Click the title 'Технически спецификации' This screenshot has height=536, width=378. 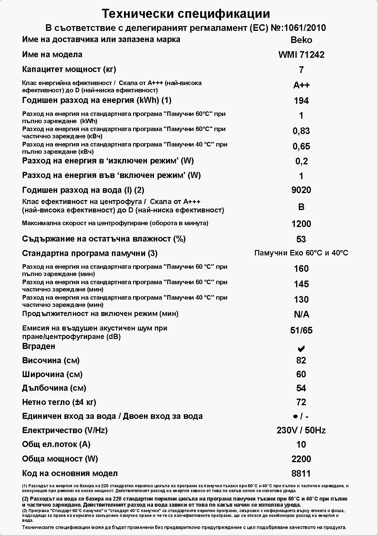[186, 14]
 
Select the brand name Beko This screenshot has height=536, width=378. [301, 40]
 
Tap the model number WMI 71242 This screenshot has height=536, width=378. [301, 55]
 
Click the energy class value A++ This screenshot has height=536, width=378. [301, 85]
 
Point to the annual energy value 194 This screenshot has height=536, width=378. [301, 101]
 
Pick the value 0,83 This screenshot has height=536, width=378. [301, 131]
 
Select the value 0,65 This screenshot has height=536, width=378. [301, 146]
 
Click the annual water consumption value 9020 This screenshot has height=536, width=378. [301, 190]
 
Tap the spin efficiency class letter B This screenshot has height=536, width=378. [301, 207]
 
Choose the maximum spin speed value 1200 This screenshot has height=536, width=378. [301, 224]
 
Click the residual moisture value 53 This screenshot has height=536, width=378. [301, 239]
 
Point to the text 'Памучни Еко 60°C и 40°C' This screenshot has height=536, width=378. [301, 253]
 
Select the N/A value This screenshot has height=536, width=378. [301, 315]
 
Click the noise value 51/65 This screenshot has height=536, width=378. [301, 330]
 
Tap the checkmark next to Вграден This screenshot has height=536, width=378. [301, 349]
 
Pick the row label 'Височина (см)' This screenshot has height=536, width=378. [51, 360]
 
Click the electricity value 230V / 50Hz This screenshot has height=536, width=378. [301, 430]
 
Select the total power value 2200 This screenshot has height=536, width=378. [301, 459]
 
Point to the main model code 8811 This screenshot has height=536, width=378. [301, 474]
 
